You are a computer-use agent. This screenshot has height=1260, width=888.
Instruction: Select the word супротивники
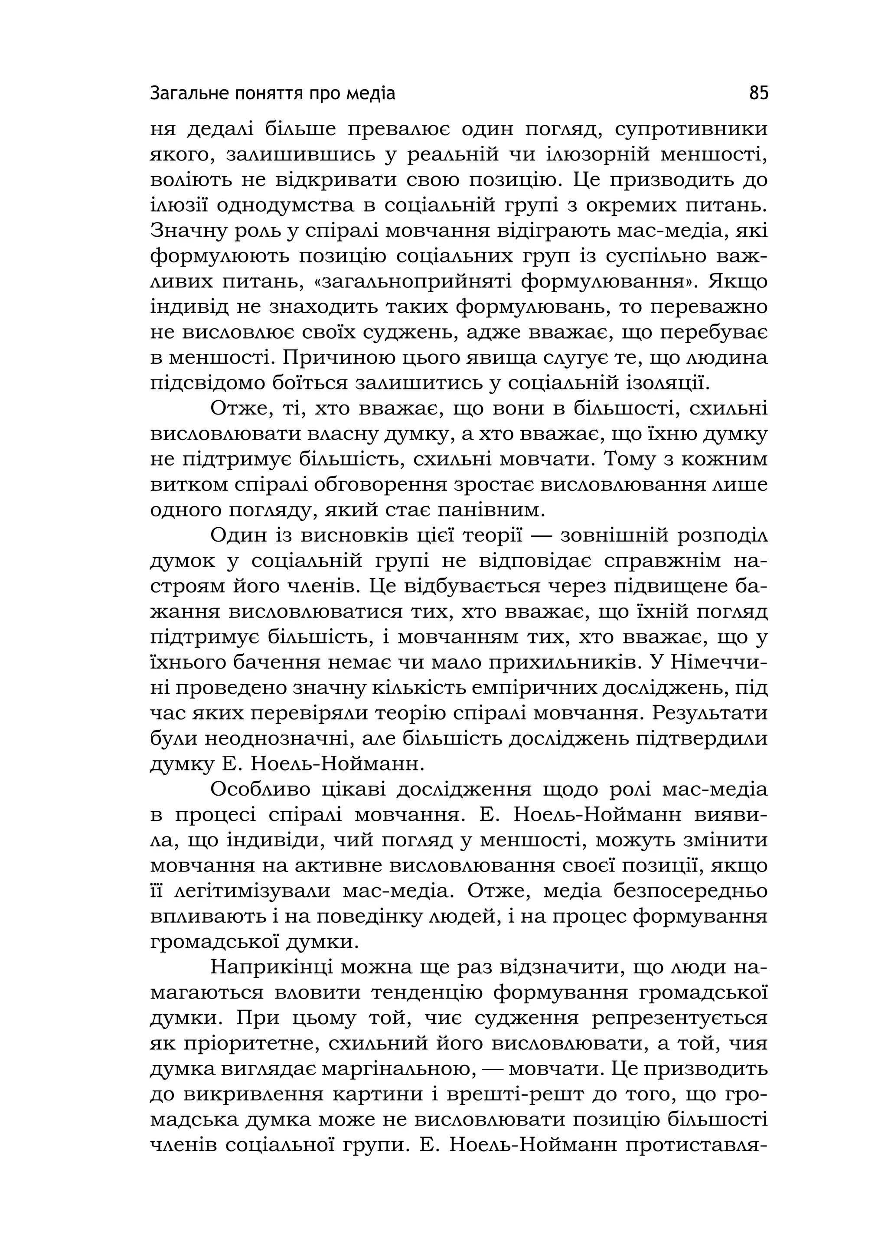pyautogui.click(x=692, y=130)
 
